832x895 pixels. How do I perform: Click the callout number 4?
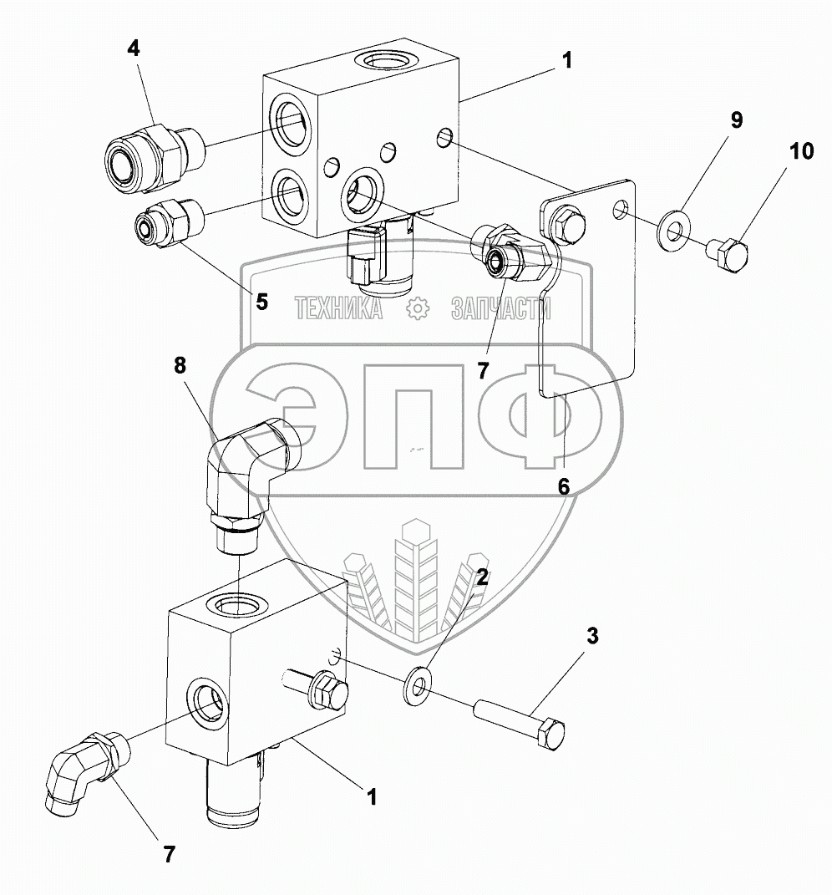click(134, 48)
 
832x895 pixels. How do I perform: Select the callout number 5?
click(261, 301)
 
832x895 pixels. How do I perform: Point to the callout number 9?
click(736, 120)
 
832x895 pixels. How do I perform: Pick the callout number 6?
click(564, 486)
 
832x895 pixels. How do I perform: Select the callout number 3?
click(592, 637)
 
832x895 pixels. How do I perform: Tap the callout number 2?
click(483, 576)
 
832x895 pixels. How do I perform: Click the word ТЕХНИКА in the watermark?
click(338, 310)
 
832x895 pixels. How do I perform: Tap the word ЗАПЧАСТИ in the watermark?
click(500, 310)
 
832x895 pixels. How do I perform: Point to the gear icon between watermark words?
click(416, 310)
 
